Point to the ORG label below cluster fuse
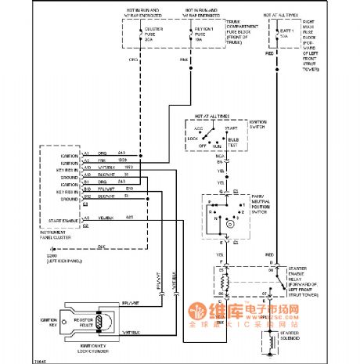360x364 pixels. pyautogui.click(x=141, y=59)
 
